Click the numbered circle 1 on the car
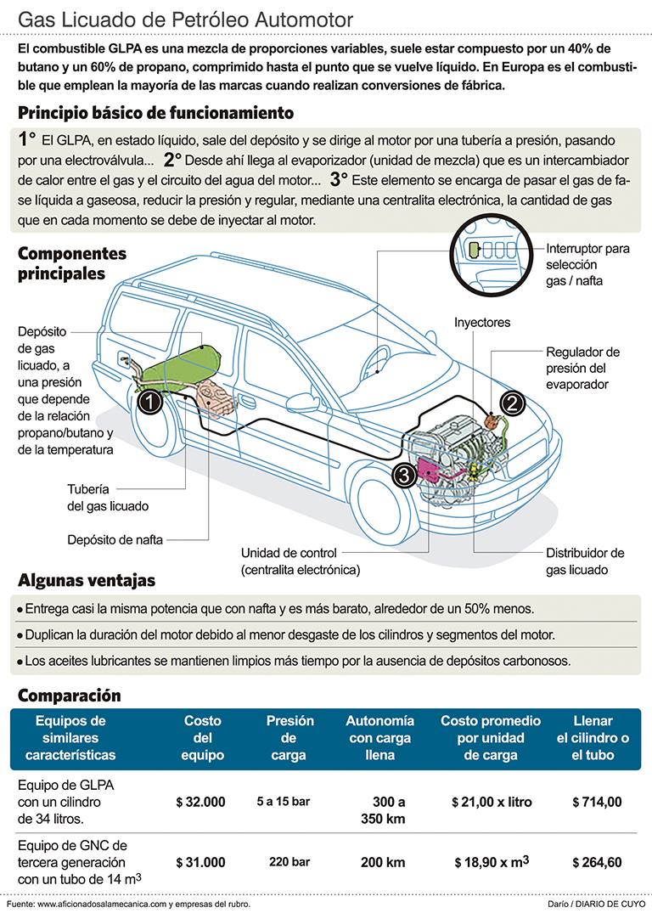pyautogui.click(x=150, y=403)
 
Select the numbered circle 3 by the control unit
pyautogui.click(x=405, y=475)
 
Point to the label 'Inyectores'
pyautogui.click(x=482, y=323)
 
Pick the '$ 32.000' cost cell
pyautogui.click(x=200, y=801)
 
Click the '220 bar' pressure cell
pyautogui.click(x=290, y=862)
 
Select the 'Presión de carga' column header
pyautogui.click(x=290, y=737)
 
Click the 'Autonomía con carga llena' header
pyautogui.click(x=380, y=737)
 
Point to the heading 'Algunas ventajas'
pyautogui.click(x=87, y=581)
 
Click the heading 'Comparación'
pyautogui.click(x=70, y=695)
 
